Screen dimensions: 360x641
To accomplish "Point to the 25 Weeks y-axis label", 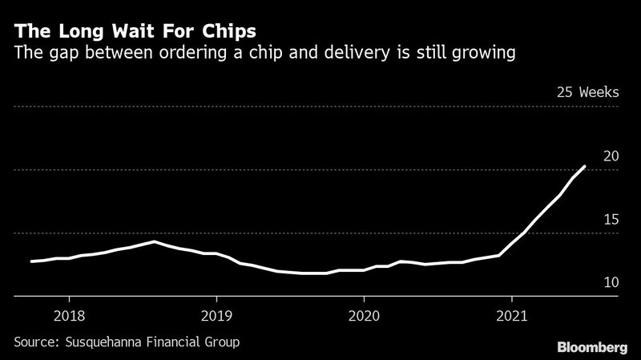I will tap(587, 92).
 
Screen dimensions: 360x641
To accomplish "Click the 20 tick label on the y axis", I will tap(610, 156).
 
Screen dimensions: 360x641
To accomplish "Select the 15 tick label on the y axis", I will tap(610, 219).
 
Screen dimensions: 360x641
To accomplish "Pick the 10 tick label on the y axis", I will tap(610, 282).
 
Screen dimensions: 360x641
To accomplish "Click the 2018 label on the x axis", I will tap(68, 317).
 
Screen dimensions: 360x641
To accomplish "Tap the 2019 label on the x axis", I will tap(216, 317).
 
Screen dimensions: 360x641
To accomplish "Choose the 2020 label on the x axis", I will tap(364, 317).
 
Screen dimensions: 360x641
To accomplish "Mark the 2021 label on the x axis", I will tap(511, 317).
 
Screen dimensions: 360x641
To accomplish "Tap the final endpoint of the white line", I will tap(585, 166).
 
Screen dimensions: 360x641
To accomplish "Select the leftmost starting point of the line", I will tap(31, 261).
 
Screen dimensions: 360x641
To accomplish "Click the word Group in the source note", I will tap(221, 342).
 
